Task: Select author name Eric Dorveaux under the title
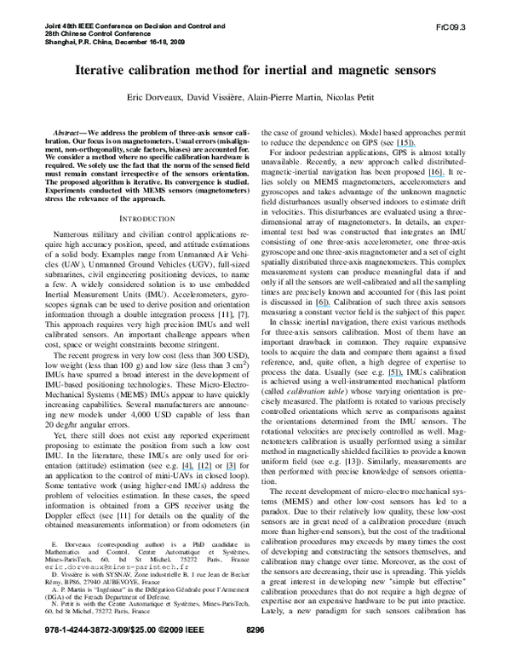(x=156, y=100)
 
